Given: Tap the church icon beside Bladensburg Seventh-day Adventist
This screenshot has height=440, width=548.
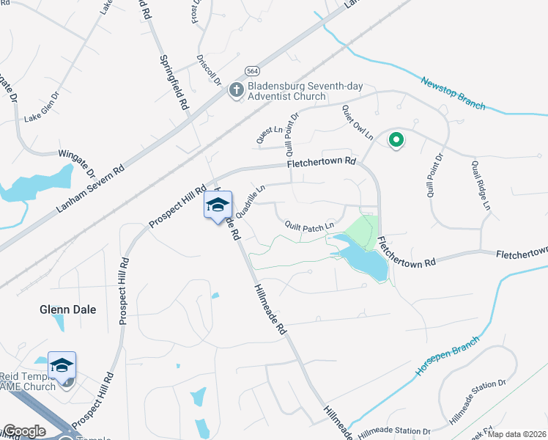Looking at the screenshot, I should (x=236, y=89).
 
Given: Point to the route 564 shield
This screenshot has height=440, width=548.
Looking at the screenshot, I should (x=252, y=71).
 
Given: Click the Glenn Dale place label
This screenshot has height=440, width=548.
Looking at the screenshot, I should (x=67, y=309).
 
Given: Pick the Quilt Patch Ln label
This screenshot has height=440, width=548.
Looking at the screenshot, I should (x=309, y=225).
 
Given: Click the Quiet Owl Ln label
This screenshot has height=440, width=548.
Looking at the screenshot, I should (x=357, y=122).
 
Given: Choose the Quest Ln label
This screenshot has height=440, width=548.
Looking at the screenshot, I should (x=268, y=134).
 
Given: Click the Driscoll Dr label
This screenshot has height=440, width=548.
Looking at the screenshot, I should (x=210, y=70).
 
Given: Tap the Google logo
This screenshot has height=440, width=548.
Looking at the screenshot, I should (x=24, y=431).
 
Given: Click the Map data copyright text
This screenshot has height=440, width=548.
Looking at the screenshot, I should (x=516, y=434).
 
